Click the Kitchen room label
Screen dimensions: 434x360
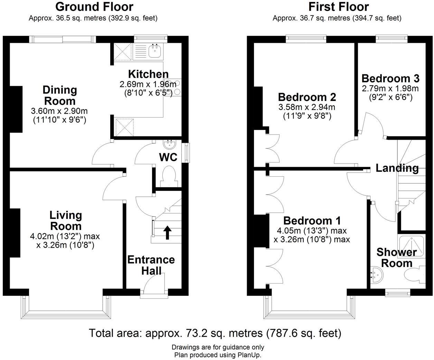pos(148,74)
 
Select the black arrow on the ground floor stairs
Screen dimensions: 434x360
pos(167,233)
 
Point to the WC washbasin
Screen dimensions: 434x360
pos(170,145)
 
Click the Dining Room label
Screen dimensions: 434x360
pos(60,95)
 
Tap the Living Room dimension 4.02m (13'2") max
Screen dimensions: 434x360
pos(65,237)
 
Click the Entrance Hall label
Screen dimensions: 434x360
pos(151,265)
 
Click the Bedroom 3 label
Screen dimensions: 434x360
pos(390,79)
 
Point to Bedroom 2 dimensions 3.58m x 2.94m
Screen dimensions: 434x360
pos(307,107)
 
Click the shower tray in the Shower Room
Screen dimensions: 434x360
pos(412,246)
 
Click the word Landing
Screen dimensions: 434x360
pos(397,168)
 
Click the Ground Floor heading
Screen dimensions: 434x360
pos(94,7)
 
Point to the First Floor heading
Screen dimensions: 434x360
pos(339,7)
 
